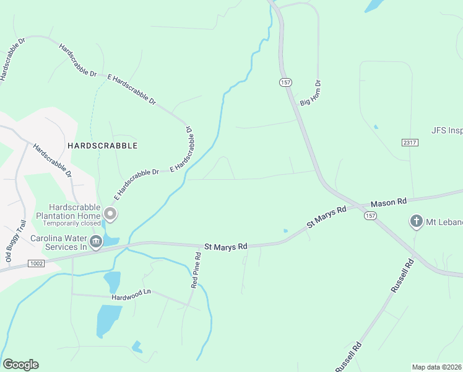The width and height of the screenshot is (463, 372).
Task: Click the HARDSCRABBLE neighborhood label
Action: point(102,145)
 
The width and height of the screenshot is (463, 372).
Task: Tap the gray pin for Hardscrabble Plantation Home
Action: point(110,215)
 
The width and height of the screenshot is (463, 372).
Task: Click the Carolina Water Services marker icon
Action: point(96,241)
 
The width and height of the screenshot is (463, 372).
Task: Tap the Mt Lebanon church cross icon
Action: point(417,221)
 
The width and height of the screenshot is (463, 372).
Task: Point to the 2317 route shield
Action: point(410,143)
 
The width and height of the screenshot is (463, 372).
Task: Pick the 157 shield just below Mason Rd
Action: point(370,215)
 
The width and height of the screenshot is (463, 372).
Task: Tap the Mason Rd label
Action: point(388,202)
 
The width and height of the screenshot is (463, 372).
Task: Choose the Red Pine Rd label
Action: point(196,270)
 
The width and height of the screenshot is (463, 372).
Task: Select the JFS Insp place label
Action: point(446,131)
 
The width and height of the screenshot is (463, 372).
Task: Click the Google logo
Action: point(20,365)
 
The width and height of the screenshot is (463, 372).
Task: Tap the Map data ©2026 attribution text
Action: point(436,367)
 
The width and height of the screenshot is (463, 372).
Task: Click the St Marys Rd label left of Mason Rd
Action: point(326,217)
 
